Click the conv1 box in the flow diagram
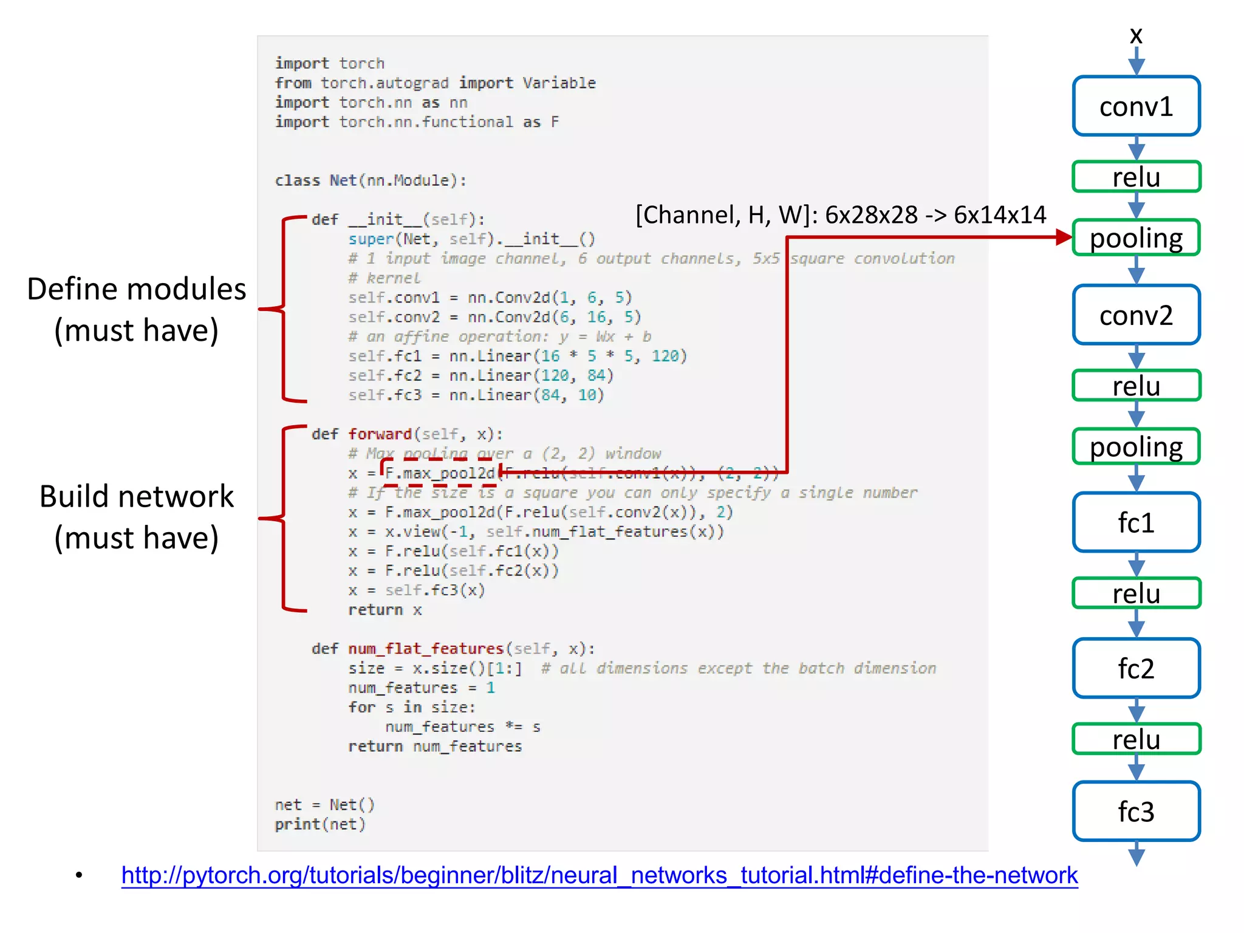point(1136,106)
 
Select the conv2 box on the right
point(1136,315)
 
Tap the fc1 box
point(1136,522)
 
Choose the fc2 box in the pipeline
point(1136,668)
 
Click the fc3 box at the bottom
point(1136,812)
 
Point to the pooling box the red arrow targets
point(1136,238)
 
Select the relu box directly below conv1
point(1136,177)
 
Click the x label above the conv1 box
point(1136,35)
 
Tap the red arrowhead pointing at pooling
point(1064,237)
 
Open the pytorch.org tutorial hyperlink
point(599,875)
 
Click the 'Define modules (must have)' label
point(137,309)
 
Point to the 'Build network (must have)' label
point(137,517)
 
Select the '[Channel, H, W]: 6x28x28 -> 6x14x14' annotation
point(841,214)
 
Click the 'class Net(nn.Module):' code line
point(371,180)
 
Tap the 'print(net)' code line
point(320,824)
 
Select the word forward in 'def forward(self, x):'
point(380,434)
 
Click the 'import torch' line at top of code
point(329,63)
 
